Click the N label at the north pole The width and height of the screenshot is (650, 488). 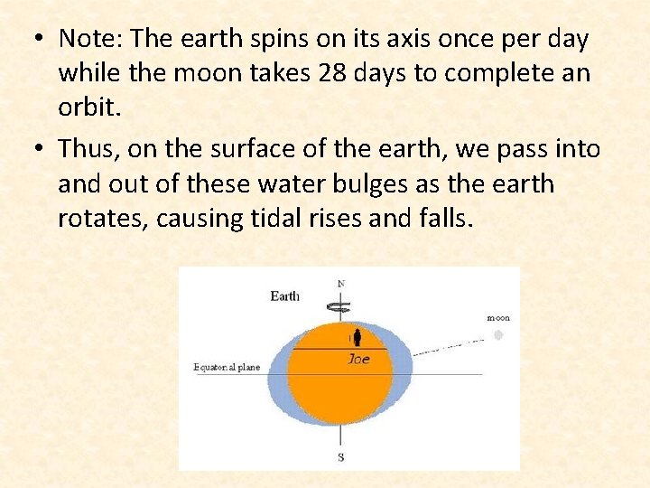[340, 284]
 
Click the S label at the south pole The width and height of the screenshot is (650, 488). [340, 456]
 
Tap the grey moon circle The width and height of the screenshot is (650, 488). [497, 334]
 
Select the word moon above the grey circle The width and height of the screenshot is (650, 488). [498, 318]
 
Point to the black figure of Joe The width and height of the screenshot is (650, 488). [357, 338]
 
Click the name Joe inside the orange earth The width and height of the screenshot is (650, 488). [358, 359]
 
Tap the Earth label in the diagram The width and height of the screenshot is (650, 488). [285, 296]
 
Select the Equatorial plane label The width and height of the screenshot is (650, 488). [227, 368]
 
